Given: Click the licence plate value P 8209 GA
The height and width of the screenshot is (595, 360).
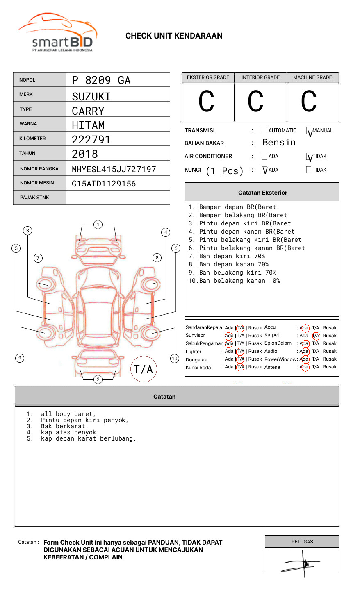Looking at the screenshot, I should point(101,80).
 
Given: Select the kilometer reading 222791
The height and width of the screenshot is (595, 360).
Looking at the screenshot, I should point(91,140).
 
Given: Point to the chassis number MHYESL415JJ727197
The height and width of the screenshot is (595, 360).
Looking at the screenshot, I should point(114,169).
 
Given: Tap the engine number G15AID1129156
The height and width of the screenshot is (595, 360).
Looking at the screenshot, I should point(104,184).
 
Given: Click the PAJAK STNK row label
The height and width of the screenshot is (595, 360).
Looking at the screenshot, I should point(34,198).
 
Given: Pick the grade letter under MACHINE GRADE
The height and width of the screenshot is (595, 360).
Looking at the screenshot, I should point(309,102).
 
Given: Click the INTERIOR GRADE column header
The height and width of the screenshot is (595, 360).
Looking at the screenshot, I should point(260,77).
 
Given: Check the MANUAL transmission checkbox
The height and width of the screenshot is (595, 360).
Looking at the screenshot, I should point(309,131).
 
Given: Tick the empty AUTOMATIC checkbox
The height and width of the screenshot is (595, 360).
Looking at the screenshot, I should point(264,131).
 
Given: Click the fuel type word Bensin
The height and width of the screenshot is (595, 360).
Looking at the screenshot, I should point(279,143).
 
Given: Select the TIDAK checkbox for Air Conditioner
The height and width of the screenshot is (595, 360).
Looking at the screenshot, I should point(309,157).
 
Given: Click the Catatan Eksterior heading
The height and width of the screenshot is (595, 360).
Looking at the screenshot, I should point(262,193).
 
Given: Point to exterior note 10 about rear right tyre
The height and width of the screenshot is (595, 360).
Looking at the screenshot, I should point(235,281).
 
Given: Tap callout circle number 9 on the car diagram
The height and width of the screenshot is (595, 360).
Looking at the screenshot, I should point(20,358).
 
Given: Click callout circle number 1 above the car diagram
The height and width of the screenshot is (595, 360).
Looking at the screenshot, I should point(98,225).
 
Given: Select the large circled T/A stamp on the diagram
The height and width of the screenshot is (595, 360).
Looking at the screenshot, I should point(144,369).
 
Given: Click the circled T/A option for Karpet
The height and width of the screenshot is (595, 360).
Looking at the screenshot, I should point(316,336).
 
